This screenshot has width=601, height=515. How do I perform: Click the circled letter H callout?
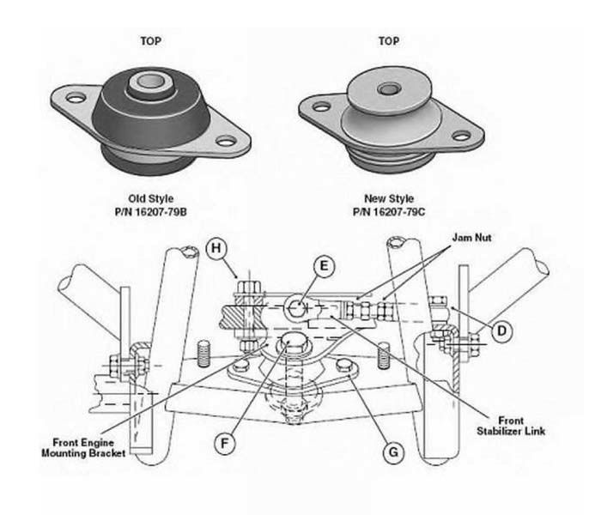[x=217, y=249]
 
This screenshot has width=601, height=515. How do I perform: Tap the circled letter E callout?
[x=322, y=267]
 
